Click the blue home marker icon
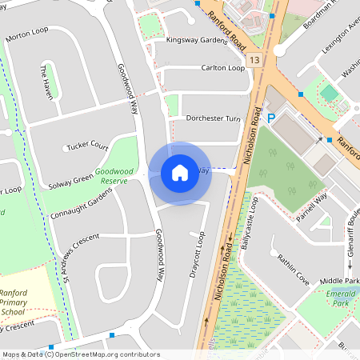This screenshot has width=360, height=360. coord(180,173)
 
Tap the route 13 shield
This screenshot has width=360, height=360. coord(254,60)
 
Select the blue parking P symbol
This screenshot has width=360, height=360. coord(271,118)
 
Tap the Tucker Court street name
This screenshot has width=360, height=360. coord(86,146)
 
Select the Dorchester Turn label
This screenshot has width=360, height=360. coord(213,118)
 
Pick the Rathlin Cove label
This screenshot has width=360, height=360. coord(293,269)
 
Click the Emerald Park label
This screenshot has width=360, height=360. coord(341,297)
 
